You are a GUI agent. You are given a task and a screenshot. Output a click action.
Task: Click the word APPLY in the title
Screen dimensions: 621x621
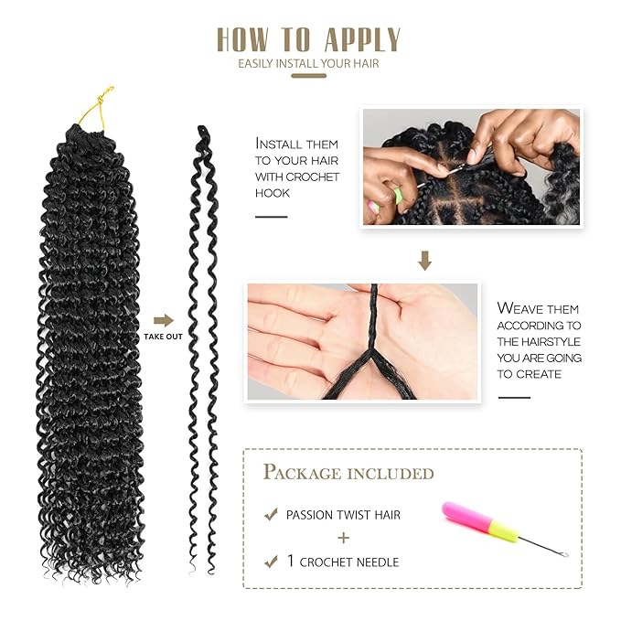(x=360, y=39)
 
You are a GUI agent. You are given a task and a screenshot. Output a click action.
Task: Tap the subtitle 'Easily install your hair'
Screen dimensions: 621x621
(x=308, y=64)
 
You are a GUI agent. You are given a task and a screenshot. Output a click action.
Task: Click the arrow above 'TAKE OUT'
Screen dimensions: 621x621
(x=163, y=320)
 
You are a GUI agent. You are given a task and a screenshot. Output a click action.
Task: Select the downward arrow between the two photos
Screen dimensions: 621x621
(x=424, y=262)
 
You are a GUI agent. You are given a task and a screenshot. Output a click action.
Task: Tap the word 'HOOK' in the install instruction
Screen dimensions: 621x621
(x=273, y=193)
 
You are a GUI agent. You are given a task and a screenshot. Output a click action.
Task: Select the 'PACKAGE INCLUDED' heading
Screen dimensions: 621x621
(x=348, y=473)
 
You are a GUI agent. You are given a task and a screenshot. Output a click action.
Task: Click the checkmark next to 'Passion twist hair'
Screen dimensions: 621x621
(x=271, y=515)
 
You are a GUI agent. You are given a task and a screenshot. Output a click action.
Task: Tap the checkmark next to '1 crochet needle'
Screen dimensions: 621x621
(x=271, y=561)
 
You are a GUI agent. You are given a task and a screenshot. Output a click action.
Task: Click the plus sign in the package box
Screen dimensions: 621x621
(x=345, y=539)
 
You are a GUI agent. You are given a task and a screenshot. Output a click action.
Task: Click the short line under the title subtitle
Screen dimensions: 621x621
(x=308, y=76)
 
